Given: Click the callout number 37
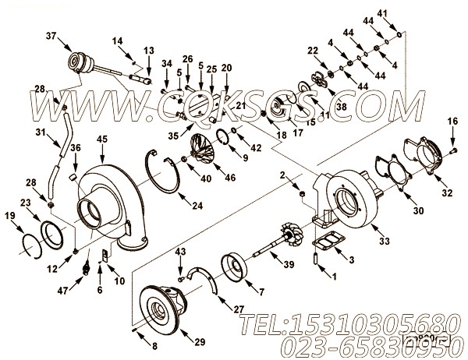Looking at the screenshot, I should tap(51, 37).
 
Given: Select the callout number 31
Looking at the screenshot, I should tap(41, 132).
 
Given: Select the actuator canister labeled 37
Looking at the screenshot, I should tap(80, 60).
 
